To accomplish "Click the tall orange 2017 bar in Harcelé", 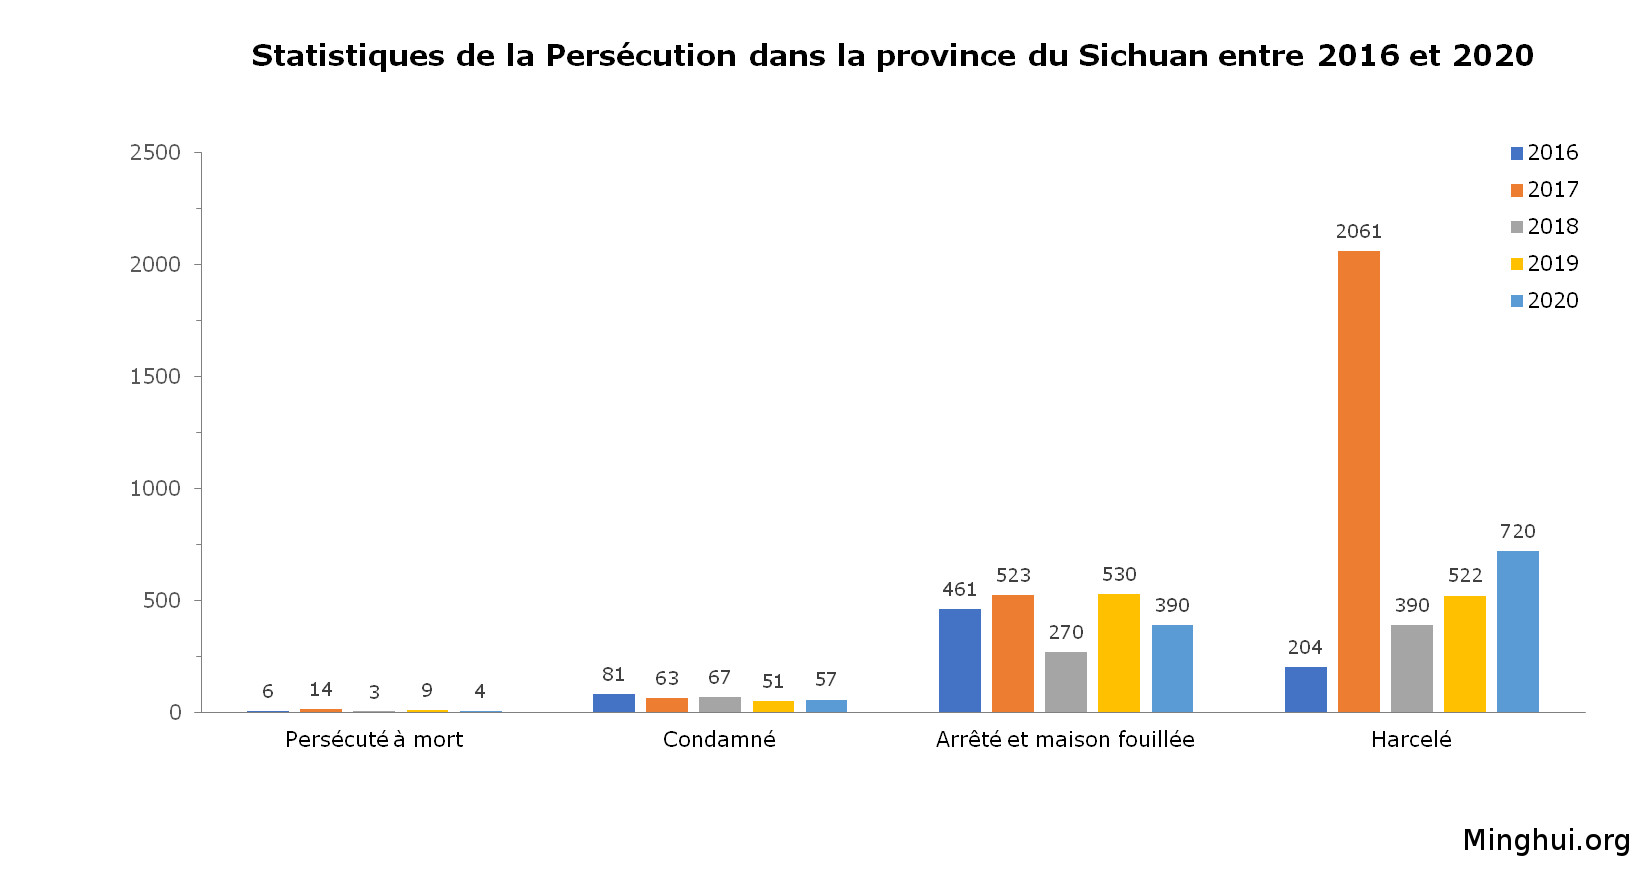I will tap(1358, 481).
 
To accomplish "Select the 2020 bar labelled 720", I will tap(1517, 631).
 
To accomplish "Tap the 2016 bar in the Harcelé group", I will tap(1305, 689).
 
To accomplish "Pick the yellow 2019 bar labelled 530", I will tap(1118, 652).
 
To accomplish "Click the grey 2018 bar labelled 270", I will tap(1065, 681).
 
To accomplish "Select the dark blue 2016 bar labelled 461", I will tap(959, 660).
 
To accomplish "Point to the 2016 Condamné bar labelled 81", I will tap(613, 702).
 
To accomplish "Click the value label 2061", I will tap(1358, 231).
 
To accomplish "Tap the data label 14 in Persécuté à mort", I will tap(320, 689).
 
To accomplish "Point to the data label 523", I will tap(1012, 575).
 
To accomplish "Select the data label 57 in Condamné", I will tap(825, 679).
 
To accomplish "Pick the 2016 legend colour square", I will tap(1517, 153).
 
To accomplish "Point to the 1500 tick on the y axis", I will tap(155, 376).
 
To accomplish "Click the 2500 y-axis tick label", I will tap(155, 152).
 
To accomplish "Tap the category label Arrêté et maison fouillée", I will tap(1065, 739).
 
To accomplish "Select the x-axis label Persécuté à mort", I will tap(374, 739).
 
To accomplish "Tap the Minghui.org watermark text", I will tap(1545, 840).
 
